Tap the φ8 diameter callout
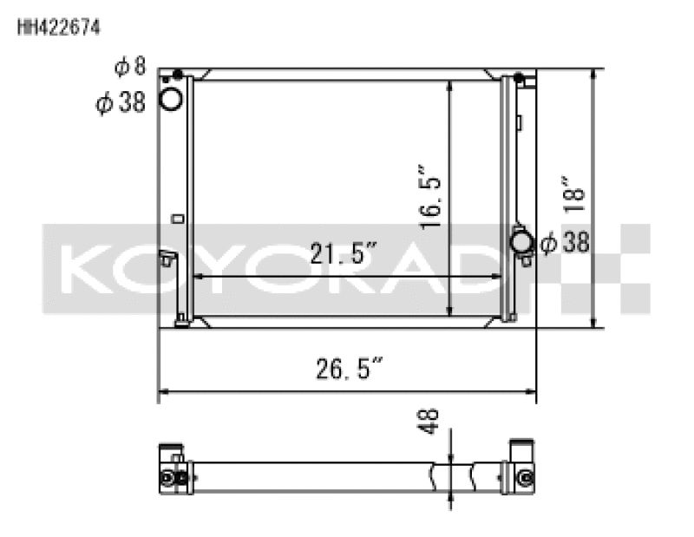tap(130, 66)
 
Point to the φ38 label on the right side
tap(565, 243)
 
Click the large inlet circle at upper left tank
tap(172, 100)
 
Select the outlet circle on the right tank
tap(522, 240)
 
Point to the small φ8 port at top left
tap(178, 74)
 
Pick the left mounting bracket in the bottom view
tap(171, 468)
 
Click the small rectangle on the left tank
tap(178, 219)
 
